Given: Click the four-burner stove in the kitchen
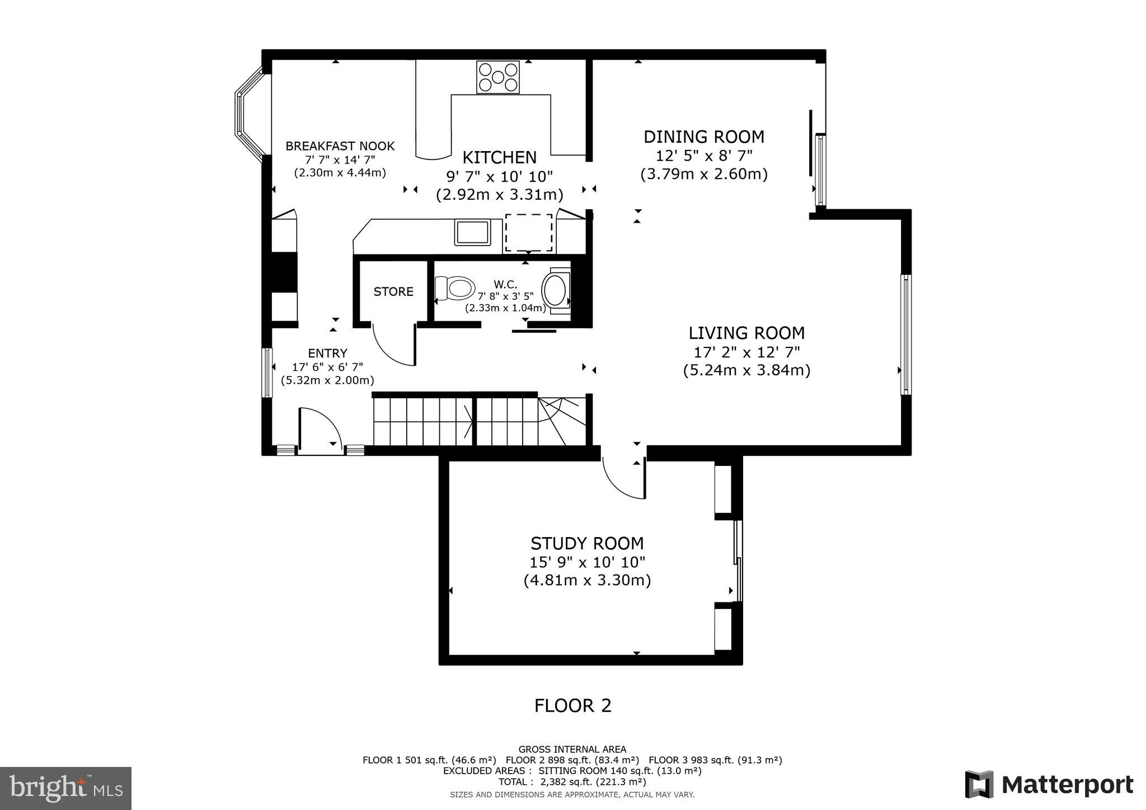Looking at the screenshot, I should (x=497, y=77).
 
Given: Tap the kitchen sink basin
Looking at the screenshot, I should (x=472, y=232).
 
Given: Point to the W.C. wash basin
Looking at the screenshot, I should (x=556, y=290).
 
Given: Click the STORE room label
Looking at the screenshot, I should (x=393, y=291).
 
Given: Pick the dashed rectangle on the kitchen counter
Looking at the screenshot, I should (x=528, y=233).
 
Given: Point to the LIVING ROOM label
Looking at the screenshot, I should (x=746, y=333).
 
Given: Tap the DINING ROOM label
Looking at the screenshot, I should (x=703, y=136).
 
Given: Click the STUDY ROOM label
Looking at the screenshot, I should (x=587, y=543).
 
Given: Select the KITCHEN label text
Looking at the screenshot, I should (x=499, y=157).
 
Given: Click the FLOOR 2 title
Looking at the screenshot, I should (x=572, y=705).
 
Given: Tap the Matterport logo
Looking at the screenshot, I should (x=1049, y=784).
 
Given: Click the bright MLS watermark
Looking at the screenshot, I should (x=66, y=788).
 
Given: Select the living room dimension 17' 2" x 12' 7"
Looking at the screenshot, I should (x=746, y=352).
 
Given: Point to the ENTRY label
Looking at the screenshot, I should (x=327, y=353).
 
